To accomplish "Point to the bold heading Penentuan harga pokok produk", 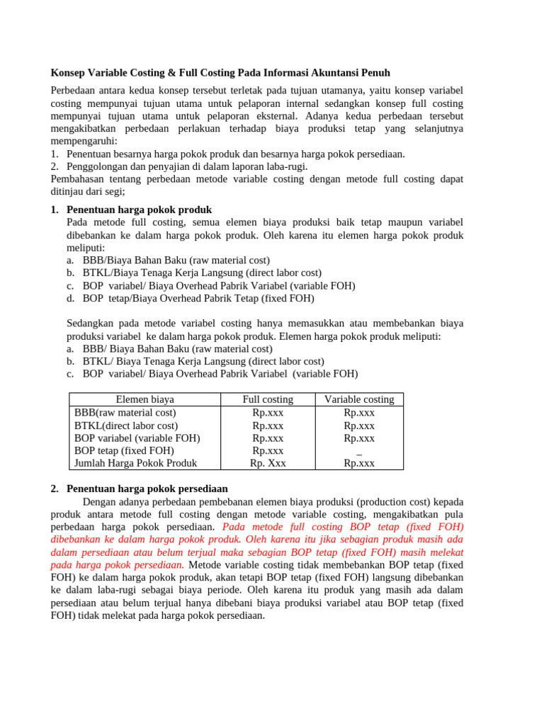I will click(139, 210).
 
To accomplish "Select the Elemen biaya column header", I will click(144, 399).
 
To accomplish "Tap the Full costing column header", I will click(268, 399).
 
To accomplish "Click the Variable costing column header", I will click(359, 399).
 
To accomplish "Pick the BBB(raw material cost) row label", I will click(125, 412).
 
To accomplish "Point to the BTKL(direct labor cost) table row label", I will click(126, 426).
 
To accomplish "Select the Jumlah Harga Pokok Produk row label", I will click(136, 463).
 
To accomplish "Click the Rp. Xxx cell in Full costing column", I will click(268, 463).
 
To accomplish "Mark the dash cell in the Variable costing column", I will click(359, 452).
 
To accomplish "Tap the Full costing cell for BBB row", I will click(268, 412).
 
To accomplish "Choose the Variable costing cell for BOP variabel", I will click(359, 438).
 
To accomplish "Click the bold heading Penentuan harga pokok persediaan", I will click(147, 489).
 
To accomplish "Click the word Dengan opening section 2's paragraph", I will click(101, 502).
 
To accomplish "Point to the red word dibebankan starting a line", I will click(79, 540).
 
